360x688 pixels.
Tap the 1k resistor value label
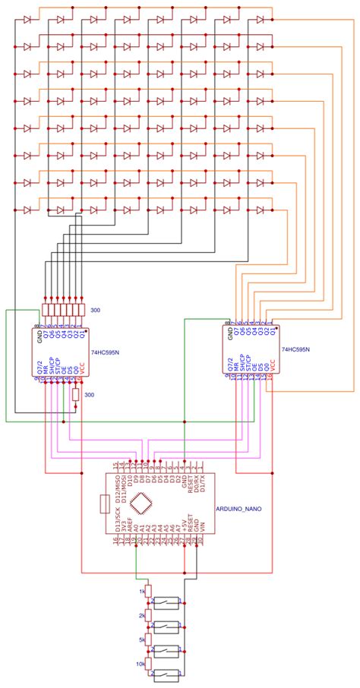click(x=141, y=591)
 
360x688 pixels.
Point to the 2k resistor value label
click(x=141, y=617)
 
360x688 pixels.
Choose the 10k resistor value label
click(x=139, y=664)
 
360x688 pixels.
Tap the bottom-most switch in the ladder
click(x=166, y=674)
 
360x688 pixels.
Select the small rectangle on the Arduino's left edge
click(x=105, y=503)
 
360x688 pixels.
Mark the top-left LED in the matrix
click(x=28, y=20)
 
